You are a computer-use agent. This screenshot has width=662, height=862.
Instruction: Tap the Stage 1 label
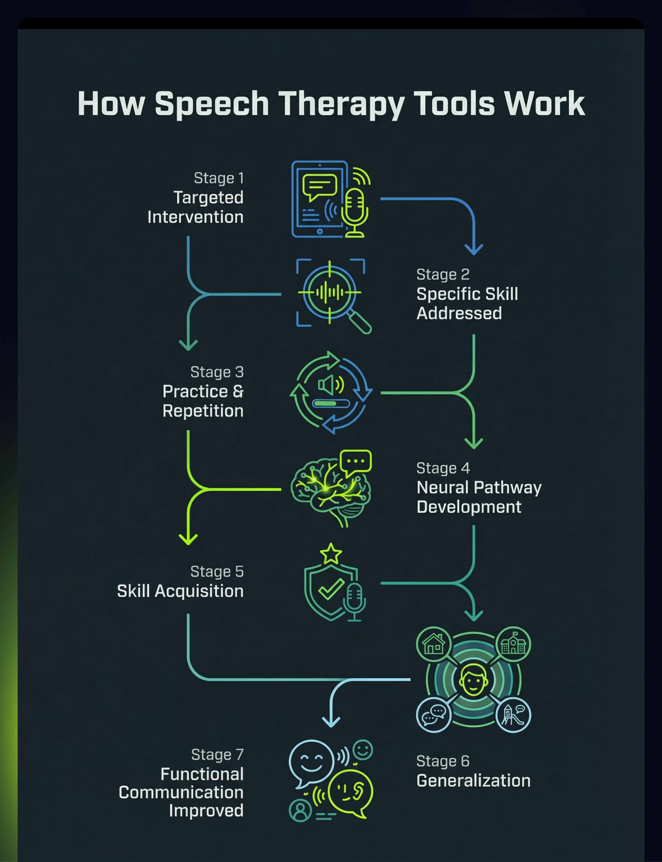(219, 178)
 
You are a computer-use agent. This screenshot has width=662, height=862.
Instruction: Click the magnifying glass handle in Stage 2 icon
(359, 322)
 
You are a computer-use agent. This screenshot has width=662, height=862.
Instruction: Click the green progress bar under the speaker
(326, 403)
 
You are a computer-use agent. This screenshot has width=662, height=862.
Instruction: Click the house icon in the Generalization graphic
(433, 644)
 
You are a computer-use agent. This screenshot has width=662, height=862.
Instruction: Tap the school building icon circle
(513, 644)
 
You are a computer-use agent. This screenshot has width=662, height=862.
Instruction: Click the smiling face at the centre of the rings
(473, 680)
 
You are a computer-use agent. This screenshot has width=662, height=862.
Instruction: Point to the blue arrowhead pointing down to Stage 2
(474, 249)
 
